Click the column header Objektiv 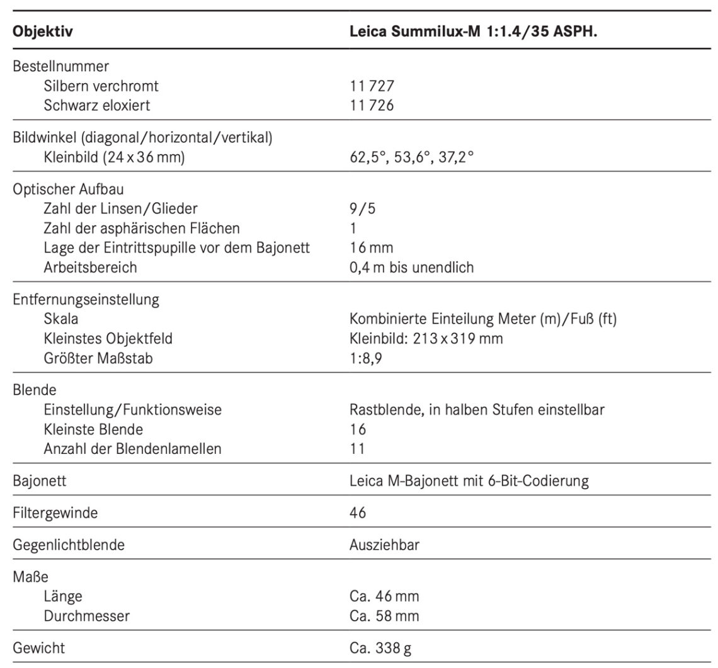click(42, 31)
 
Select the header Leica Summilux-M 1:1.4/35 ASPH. click(473, 31)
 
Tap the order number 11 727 click(372, 85)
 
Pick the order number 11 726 click(372, 105)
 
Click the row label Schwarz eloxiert click(97, 105)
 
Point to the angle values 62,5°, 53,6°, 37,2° click(411, 157)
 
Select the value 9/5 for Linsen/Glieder click(362, 208)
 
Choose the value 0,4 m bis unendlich click(411, 267)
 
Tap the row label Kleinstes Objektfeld click(108, 339)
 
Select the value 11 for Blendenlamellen click(357, 449)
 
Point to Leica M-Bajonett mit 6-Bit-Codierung click(469, 481)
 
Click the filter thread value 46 click(357, 513)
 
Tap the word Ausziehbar click(384, 545)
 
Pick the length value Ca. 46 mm click(384, 596)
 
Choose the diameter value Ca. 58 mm click(384, 616)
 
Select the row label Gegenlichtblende click(69, 545)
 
